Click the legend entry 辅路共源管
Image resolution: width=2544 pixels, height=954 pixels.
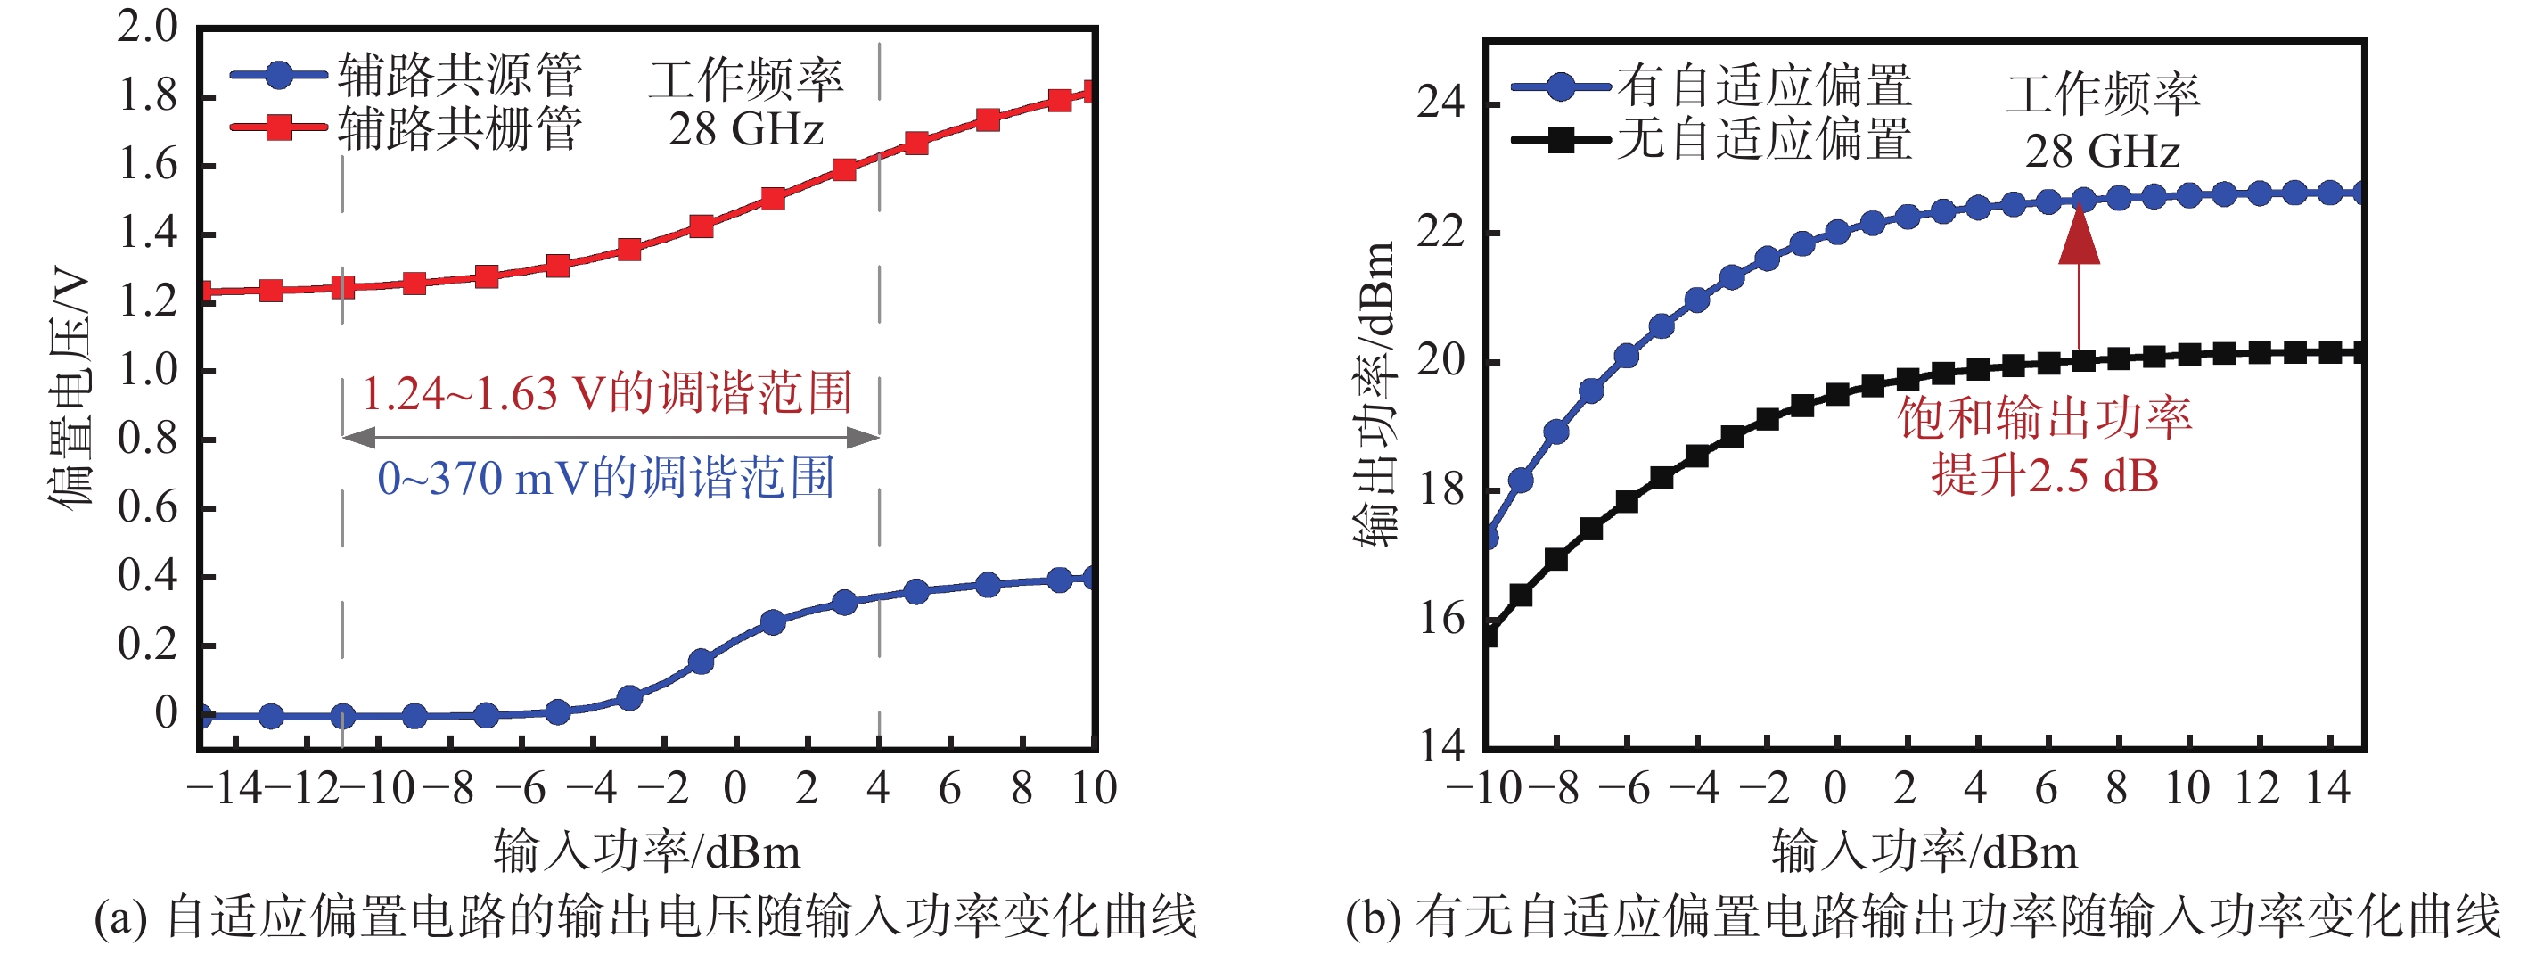(459, 74)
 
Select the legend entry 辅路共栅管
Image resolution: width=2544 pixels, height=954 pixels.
(459, 128)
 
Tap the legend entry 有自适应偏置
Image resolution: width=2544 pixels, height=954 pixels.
(1764, 86)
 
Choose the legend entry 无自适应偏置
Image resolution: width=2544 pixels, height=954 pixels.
(1764, 139)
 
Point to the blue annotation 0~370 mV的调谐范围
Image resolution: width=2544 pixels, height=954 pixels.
(605, 478)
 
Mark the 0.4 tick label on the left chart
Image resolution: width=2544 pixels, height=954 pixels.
(147, 576)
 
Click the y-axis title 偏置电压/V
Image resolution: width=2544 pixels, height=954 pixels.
(71, 385)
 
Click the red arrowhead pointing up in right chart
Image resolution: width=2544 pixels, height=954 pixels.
(2079, 237)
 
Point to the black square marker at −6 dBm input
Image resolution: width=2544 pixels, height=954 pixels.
(1627, 502)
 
